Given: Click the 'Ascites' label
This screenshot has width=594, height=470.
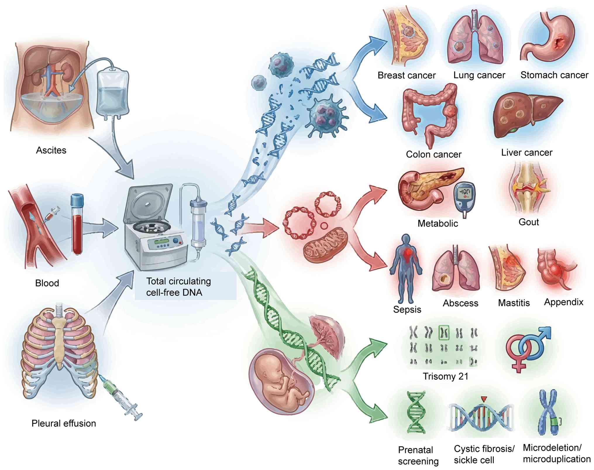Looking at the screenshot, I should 51,150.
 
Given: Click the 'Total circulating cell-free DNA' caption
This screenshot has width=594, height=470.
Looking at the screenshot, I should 178,287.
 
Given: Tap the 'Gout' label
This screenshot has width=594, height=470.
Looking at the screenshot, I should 528,222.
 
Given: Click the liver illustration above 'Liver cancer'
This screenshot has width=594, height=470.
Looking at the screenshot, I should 526,114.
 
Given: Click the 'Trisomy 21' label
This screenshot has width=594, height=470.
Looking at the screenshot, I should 445,376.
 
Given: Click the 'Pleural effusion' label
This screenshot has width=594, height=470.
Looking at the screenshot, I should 64,423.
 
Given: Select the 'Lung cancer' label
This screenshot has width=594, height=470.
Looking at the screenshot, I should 479,76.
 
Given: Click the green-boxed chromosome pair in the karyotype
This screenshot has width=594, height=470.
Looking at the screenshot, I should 444,333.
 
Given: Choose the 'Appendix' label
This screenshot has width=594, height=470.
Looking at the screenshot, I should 564,302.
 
